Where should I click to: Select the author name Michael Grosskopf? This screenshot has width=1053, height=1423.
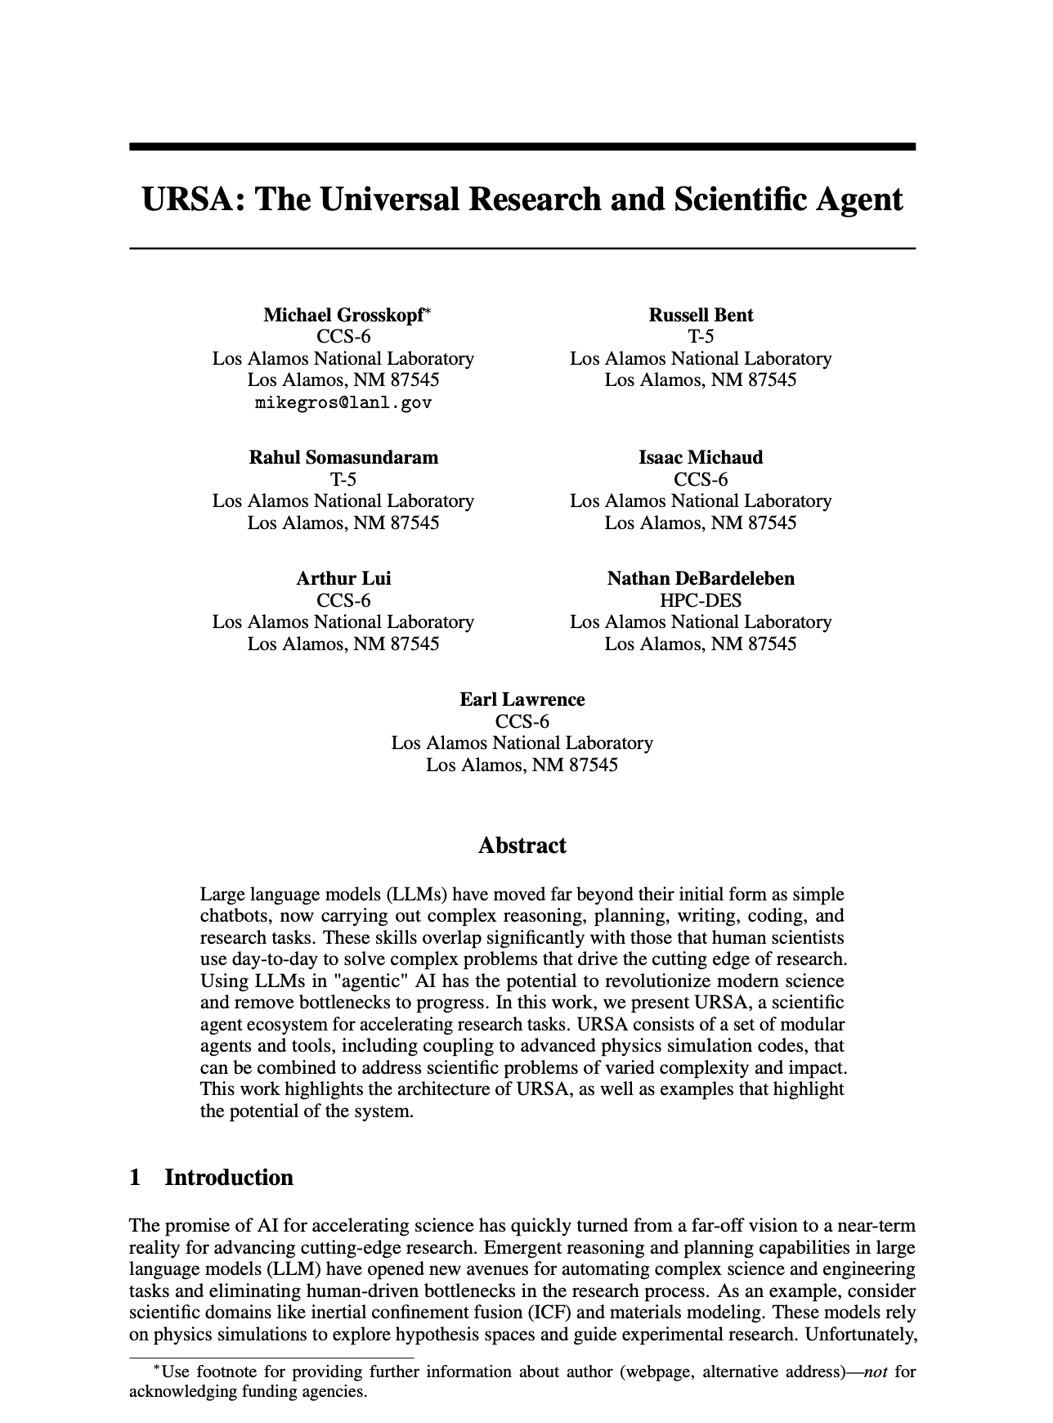(x=343, y=316)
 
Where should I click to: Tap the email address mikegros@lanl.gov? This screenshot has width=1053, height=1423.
(x=343, y=402)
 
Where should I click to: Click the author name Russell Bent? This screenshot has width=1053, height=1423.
(x=701, y=316)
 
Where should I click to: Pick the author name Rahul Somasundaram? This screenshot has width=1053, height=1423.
(x=343, y=458)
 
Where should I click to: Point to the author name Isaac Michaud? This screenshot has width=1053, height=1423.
(x=701, y=458)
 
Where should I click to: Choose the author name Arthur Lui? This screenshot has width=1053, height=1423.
(x=343, y=579)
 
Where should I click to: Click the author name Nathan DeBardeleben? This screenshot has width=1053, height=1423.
(x=701, y=579)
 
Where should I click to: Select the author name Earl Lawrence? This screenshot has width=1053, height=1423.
(x=522, y=700)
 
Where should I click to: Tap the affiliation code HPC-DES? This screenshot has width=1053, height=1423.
(x=701, y=600)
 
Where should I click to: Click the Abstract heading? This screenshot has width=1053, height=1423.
(x=522, y=846)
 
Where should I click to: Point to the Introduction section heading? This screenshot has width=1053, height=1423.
(x=229, y=1178)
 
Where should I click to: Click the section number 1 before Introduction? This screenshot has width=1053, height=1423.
(x=136, y=1178)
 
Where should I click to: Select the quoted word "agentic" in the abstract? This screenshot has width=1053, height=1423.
(x=355, y=981)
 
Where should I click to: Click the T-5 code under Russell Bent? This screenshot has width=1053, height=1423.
(x=701, y=337)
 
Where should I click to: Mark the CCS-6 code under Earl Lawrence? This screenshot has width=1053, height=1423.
(x=522, y=721)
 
